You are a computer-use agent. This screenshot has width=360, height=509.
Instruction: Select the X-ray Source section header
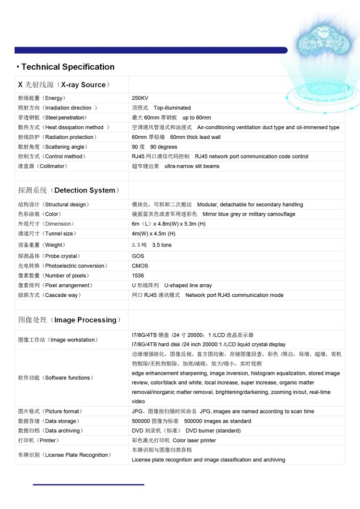(x=64, y=85)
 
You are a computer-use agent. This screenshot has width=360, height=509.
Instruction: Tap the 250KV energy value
(x=140, y=98)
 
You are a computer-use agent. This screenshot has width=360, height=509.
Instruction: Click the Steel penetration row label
(x=52, y=118)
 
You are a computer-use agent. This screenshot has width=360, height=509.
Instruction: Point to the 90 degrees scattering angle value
(x=155, y=147)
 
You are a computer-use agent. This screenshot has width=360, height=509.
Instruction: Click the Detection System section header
(x=69, y=190)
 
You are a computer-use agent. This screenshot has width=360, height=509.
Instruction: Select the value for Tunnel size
(x=154, y=234)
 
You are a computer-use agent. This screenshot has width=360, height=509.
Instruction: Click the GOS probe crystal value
(x=138, y=256)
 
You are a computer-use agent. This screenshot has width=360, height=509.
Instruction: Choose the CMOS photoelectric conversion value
(x=140, y=266)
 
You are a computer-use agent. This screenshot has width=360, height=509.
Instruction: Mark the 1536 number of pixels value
(x=138, y=276)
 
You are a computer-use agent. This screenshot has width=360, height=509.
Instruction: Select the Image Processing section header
(x=70, y=320)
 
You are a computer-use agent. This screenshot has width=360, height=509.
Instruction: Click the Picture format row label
(x=50, y=412)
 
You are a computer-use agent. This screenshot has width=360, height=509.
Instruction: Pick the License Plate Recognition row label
(x=64, y=455)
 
